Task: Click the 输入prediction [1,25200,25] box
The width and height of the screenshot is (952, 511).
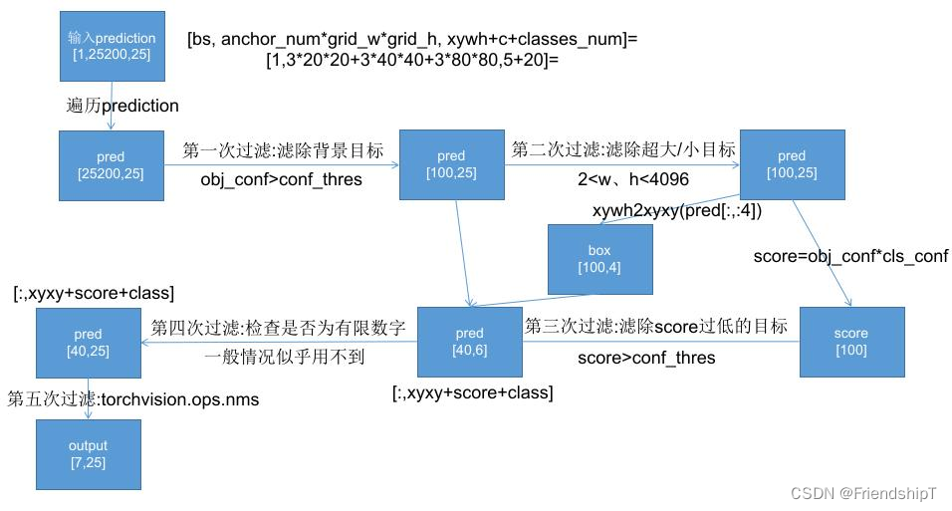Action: pos(112,45)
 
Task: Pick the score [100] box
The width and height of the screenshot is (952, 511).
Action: pos(851,341)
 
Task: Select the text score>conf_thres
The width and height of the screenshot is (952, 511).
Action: pos(646,358)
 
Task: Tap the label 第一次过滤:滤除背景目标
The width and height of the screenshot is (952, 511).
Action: pos(284,151)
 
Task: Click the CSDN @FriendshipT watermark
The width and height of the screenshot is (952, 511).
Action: pos(865,493)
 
